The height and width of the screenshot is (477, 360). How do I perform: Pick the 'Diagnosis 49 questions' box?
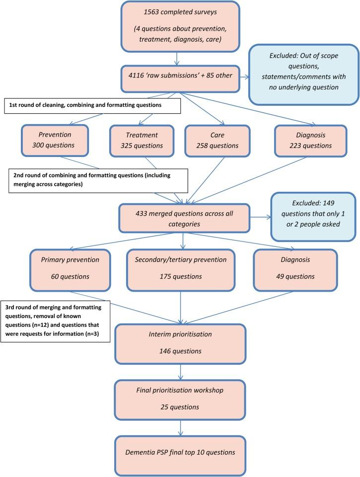click(295, 269)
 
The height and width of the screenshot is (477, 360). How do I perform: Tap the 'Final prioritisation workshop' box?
click(179, 399)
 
